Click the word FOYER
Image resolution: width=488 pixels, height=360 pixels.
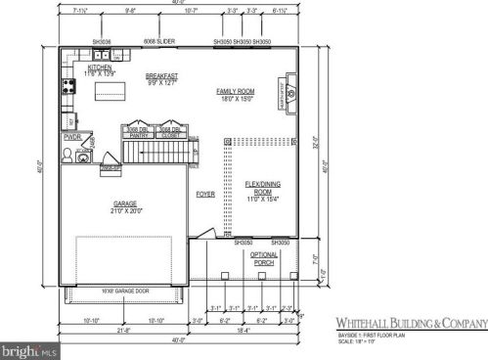204,195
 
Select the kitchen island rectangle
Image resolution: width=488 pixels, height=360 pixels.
110,92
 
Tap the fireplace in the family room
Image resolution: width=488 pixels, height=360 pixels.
289,92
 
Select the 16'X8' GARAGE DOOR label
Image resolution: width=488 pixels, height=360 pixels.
124,292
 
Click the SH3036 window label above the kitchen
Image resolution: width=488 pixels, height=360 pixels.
102,42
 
